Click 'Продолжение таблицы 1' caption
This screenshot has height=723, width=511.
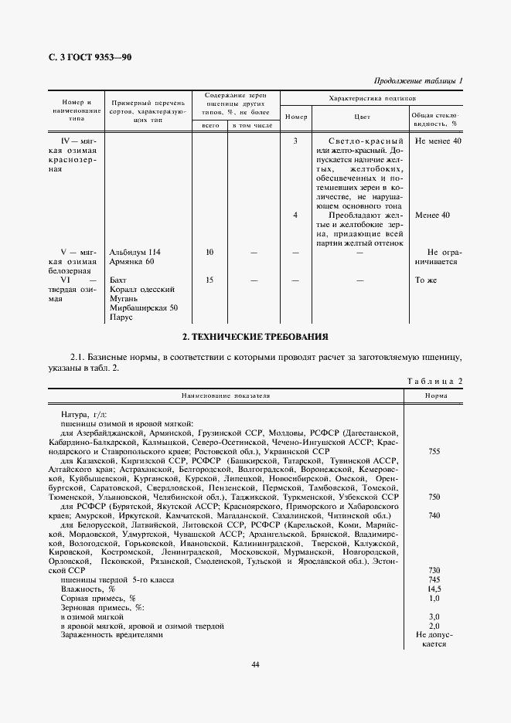[x=418, y=81]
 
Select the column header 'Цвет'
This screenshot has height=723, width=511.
[x=361, y=117]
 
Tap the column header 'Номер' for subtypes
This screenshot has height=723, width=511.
[x=295, y=117]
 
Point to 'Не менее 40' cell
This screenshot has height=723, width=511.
[x=438, y=142]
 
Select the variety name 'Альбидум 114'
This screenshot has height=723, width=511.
[x=136, y=252]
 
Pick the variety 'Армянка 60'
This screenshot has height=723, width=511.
[x=132, y=263]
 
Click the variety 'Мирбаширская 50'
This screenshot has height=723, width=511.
[x=144, y=307]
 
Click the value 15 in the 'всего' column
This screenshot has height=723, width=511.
[x=210, y=280]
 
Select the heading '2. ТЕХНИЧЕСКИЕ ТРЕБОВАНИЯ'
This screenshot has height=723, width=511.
[x=255, y=337]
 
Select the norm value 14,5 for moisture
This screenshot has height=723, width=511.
[x=434, y=589]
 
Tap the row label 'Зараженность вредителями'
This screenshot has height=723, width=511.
[x=112, y=635]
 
